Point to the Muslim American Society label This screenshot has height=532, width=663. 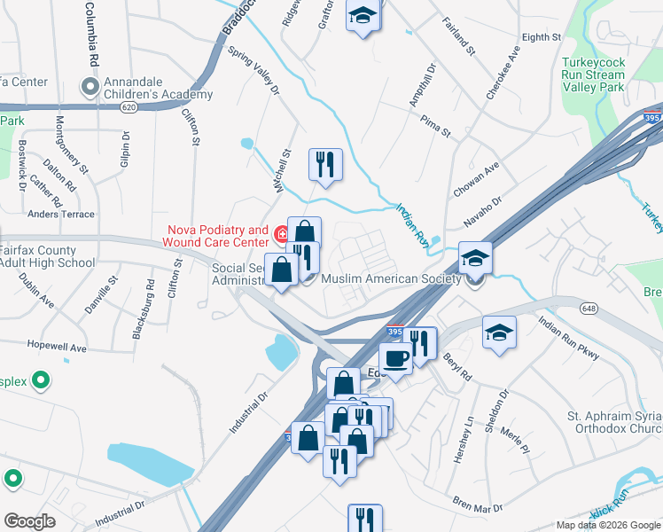tap(391, 278)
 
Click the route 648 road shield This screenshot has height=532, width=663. tap(589, 307)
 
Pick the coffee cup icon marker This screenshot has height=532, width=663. tap(395, 358)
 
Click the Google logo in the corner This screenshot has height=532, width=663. tap(30, 521)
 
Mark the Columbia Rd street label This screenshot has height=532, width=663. tap(90, 35)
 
